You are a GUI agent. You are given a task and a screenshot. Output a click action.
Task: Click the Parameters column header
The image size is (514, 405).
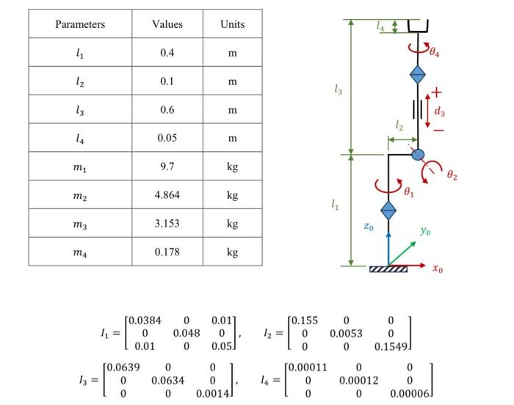[x=80, y=24]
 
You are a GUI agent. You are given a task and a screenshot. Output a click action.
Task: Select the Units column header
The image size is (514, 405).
[x=232, y=24]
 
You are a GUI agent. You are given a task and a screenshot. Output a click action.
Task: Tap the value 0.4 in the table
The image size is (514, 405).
[x=167, y=53]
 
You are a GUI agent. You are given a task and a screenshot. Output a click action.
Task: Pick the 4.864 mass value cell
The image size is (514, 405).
[x=167, y=195]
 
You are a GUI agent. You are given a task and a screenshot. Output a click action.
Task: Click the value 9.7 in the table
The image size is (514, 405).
[x=167, y=167]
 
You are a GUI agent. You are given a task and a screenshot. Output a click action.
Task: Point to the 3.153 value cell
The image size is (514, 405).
[x=167, y=223]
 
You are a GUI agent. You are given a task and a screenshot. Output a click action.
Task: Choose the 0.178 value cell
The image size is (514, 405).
[x=167, y=252]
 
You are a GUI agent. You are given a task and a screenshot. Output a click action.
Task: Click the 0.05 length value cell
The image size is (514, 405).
[x=167, y=138]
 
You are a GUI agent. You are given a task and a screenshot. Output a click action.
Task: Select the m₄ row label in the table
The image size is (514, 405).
[x=80, y=252]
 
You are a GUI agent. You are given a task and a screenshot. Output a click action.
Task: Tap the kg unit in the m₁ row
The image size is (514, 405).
[x=232, y=167]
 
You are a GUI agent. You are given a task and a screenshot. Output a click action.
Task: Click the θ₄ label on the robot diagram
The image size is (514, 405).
[x=435, y=52]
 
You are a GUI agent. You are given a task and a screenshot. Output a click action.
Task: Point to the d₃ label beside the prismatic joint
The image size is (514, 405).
[x=439, y=112]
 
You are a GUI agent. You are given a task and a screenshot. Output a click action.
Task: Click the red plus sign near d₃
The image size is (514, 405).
[x=437, y=92]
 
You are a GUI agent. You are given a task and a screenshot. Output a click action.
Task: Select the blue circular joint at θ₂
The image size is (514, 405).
[x=418, y=154]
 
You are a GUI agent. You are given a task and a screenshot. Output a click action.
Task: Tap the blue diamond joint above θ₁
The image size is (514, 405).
[x=388, y=210]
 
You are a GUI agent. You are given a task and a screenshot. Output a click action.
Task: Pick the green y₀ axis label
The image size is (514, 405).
[x=425, y=232]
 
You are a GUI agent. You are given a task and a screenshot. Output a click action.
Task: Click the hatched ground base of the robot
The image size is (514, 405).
[x=388, y=269]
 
